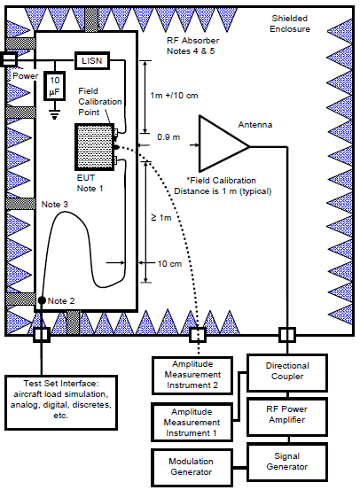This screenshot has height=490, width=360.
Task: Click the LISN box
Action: coord(92,60)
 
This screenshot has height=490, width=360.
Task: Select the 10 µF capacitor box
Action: coord(55,86)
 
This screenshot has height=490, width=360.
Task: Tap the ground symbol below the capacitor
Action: coord(55,114)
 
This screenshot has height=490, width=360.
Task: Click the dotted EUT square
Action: coord(95,147)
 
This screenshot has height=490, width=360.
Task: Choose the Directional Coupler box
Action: coord(287,372)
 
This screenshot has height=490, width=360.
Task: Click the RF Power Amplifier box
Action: coord(287,416)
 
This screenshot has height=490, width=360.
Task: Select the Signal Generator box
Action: coord(287,462)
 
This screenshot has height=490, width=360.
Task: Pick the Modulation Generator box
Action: coord(192,467)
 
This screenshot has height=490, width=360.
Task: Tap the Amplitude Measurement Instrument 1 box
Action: coord(192,422)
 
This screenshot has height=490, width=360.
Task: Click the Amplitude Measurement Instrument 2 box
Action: coord(192,376)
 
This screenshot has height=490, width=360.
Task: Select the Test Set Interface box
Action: coord(61,402)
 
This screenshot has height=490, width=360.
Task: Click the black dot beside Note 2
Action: coord(42,300)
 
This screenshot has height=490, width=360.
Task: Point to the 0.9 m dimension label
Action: coord(168,136)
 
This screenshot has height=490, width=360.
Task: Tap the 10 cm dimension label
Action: coord(169,264)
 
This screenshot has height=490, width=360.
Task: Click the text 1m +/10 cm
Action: coord(174,96)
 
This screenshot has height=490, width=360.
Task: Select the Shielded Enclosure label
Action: coord(290,23)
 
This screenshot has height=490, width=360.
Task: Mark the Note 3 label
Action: coord(55,205)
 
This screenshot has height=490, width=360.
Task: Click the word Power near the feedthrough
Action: coord(26,76)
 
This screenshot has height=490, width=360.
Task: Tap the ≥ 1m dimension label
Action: coord(161,217)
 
